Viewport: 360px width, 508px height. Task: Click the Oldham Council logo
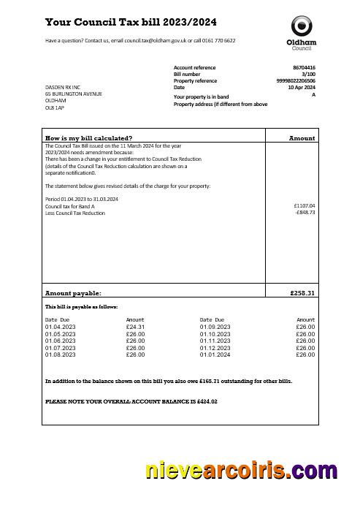point(302,33)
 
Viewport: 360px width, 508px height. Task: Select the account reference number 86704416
point(304,67)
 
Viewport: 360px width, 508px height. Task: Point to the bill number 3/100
point(308,74)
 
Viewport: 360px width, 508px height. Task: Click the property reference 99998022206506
point(296,80)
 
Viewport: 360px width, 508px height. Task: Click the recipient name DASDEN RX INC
point(63,87)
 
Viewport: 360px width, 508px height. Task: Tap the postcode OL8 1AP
point(55,107)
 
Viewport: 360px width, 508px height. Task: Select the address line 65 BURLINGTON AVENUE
point(73,94)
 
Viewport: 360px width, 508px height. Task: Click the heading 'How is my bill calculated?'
point(89,137)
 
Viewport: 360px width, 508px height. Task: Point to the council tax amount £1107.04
point(304,206)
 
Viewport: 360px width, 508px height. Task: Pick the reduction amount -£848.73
point(305,213)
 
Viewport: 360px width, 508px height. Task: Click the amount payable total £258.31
point(302,293)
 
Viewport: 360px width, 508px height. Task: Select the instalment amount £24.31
point(135,327)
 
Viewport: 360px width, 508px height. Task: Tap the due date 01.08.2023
point(61,355)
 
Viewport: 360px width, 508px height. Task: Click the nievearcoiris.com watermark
point(241,471)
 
